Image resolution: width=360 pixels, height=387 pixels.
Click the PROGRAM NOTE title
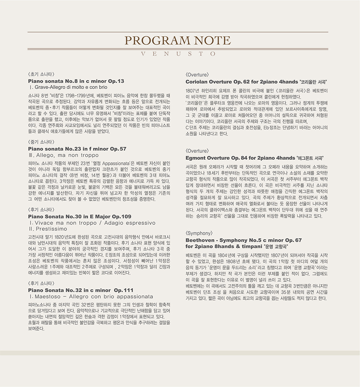180,41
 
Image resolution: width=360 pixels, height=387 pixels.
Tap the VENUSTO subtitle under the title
180,54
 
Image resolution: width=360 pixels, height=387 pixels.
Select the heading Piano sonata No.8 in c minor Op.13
76,80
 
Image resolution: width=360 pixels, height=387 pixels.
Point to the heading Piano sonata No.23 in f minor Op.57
77,149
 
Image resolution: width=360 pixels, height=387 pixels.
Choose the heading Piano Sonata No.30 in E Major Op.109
80,216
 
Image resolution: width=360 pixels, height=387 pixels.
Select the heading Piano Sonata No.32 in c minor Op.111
80,290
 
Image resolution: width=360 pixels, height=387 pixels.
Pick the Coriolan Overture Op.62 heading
258,81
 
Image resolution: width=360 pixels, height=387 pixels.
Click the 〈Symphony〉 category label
199,233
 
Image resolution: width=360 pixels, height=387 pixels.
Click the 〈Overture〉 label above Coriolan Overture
198,74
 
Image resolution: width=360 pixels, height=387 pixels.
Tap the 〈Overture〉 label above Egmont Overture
198,150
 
